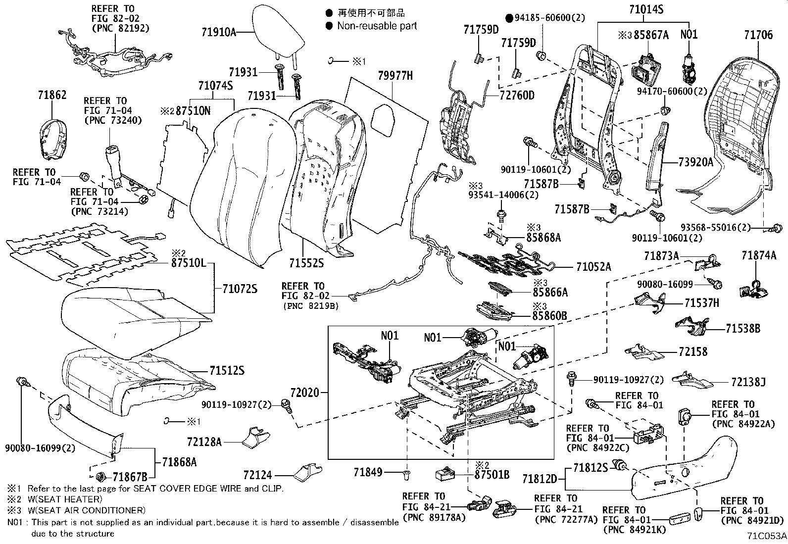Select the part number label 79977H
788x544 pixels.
pyautogui.click(x=395, y=76)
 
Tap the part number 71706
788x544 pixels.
pyautogui.click(x=758, y=35)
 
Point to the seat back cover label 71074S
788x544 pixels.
pyautogui.click(x=215, y=86)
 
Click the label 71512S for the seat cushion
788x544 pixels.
pyautogui.click(x=227, y=371)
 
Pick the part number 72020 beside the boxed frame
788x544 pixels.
pyautogui.click(x=304, y=393)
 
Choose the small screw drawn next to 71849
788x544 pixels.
pyautogui.click(x=407, y=475)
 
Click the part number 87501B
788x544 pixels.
pyautogui.click(x=492, y=475)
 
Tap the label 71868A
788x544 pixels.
pyautogui.click(x=179, y=462)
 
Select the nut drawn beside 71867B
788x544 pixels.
pyautogui.click(x=100, y=477)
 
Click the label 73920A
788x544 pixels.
pyautogui.click(x=696, y=162)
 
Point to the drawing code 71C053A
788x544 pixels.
pyautogui.click(x=767, y=536)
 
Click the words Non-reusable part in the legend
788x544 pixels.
pyautogui.click(x=377, y=26)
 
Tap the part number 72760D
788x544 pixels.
pyautogui.click(x=517, y=95)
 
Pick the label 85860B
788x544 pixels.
pyautogui.click(x=549, y=316)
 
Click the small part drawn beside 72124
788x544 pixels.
pyautogui.click(x=308, y=473)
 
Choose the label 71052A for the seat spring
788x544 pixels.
pyautogui.click(x=593, y=267)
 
